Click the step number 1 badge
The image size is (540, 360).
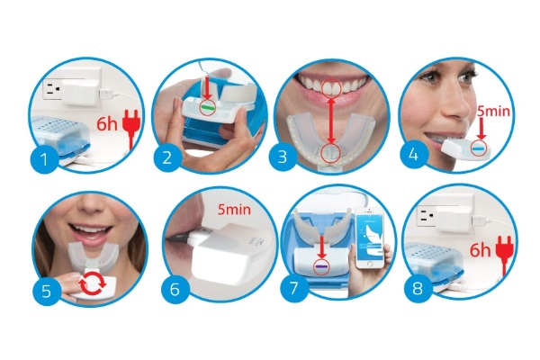pos(44,159)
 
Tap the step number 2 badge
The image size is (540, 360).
pos(167,157)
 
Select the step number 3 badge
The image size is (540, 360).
pos(282,157)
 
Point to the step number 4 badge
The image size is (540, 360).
pos(413,155)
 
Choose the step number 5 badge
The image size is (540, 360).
pos(46,292)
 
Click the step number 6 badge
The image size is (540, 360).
pos(175,290)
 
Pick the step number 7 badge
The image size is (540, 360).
pos(293,288)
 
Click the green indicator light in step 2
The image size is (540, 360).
pos(207,107)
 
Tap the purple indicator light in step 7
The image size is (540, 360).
pos(321,267)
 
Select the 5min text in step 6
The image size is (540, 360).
pos(234,209)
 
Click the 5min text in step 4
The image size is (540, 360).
pos(493,111)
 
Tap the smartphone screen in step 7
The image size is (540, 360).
pos(370,238)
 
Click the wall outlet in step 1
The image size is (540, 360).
pos(52,90)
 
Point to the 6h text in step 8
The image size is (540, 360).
pos(481,250)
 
